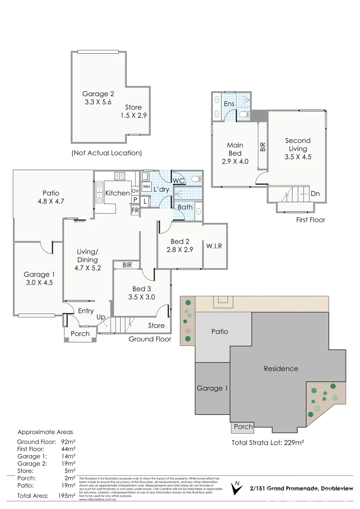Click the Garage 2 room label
(x=98, y=93)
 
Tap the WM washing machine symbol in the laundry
(x=146, y=187)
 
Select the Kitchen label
(x=117, y=193)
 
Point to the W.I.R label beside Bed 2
(x=214, y=246)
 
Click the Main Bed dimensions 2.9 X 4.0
(x=235, y=161)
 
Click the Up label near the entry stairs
(x=101, y=317)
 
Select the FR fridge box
(x=135, y=210)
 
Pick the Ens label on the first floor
(x=229, y=104)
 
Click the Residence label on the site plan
(x=281, y=369)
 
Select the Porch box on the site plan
(x=243, y=427)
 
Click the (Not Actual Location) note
(x=106, y=153)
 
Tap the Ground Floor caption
(x=150, y=339)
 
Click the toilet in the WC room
(x=196, y=179)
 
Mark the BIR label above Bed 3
(x=127, y=265)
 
